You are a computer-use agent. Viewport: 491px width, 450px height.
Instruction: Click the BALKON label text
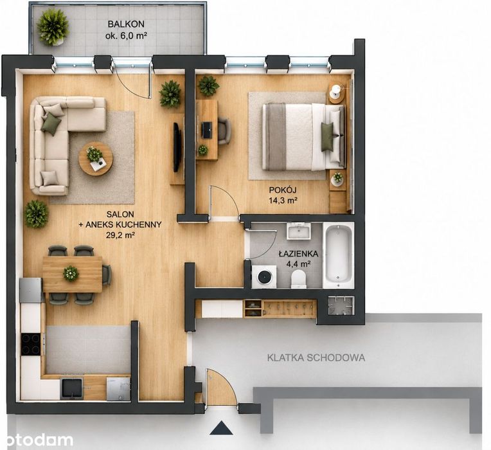tap(126, 24)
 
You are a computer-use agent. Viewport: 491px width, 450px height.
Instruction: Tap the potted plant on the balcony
tap(53, 27)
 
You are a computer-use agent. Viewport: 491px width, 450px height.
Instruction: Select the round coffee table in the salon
tap(96, 158)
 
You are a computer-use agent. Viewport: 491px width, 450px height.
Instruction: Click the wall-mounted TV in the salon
tap(177, 147)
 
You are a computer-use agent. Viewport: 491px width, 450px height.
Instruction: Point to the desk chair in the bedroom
tap(224, 131)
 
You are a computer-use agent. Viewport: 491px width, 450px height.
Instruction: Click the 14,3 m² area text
tap(283, 201)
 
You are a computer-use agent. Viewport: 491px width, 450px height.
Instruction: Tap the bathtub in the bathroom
tap(338, 255)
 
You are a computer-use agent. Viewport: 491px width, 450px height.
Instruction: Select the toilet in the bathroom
tap(298, 279)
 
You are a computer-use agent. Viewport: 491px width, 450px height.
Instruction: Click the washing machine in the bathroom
tap(264, 276)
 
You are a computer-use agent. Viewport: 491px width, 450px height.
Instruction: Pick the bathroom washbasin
tap(299, 231)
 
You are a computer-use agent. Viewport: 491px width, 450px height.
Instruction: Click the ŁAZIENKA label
tap(298, 254)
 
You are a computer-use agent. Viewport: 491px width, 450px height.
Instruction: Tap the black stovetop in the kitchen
tap(31, 344)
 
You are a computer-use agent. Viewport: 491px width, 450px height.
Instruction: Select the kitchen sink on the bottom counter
tap(72, 389)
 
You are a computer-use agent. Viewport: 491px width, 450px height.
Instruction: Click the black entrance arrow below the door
tap(221, 428)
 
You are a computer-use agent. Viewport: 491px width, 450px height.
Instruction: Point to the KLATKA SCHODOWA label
tap(316, 357)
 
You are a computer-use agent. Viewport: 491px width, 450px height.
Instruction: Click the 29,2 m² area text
tap(120, 235)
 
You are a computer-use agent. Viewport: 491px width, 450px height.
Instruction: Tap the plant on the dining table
tap(71, 273)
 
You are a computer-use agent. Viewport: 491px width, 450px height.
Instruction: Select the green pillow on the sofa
tap(51, 123)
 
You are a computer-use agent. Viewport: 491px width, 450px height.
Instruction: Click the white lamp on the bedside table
tap(336, 89)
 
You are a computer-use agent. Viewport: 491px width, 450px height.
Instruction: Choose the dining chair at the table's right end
tap(107, 274)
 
